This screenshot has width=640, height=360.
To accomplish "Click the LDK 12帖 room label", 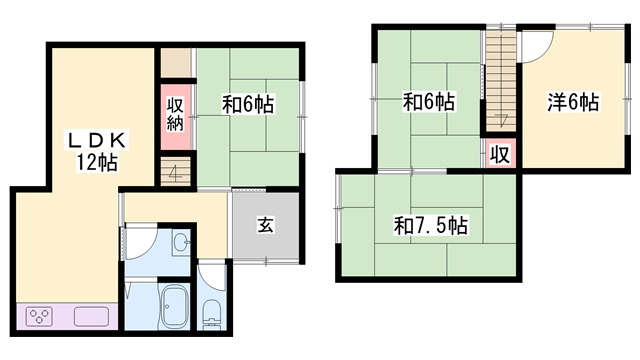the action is click(97, 151).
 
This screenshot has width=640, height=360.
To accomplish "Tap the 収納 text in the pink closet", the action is click(175, 114).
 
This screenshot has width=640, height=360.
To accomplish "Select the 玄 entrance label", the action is click(265, 224).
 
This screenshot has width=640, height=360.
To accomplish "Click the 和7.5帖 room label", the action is click(431, 225).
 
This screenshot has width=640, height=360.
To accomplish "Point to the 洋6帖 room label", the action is click(573, 102).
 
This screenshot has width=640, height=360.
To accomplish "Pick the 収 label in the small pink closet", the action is click(500, 154).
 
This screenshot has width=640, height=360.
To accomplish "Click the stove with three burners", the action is click(39, 316).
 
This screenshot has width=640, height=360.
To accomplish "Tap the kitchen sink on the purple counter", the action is click(91, 316).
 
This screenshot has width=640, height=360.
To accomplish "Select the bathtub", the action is click(175, 307).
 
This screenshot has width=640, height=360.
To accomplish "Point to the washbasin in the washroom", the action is click(180, 242).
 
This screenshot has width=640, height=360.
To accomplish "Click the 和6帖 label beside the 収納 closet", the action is click(248, 104).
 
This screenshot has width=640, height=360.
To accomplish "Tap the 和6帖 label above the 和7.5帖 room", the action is click(429, 102).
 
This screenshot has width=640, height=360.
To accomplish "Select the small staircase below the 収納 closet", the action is click(176, 172).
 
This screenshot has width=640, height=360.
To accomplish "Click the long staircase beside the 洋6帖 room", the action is click(500, 80).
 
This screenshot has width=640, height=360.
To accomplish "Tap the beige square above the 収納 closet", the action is click(176, 63).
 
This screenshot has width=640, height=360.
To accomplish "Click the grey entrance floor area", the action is click(266, 225).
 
